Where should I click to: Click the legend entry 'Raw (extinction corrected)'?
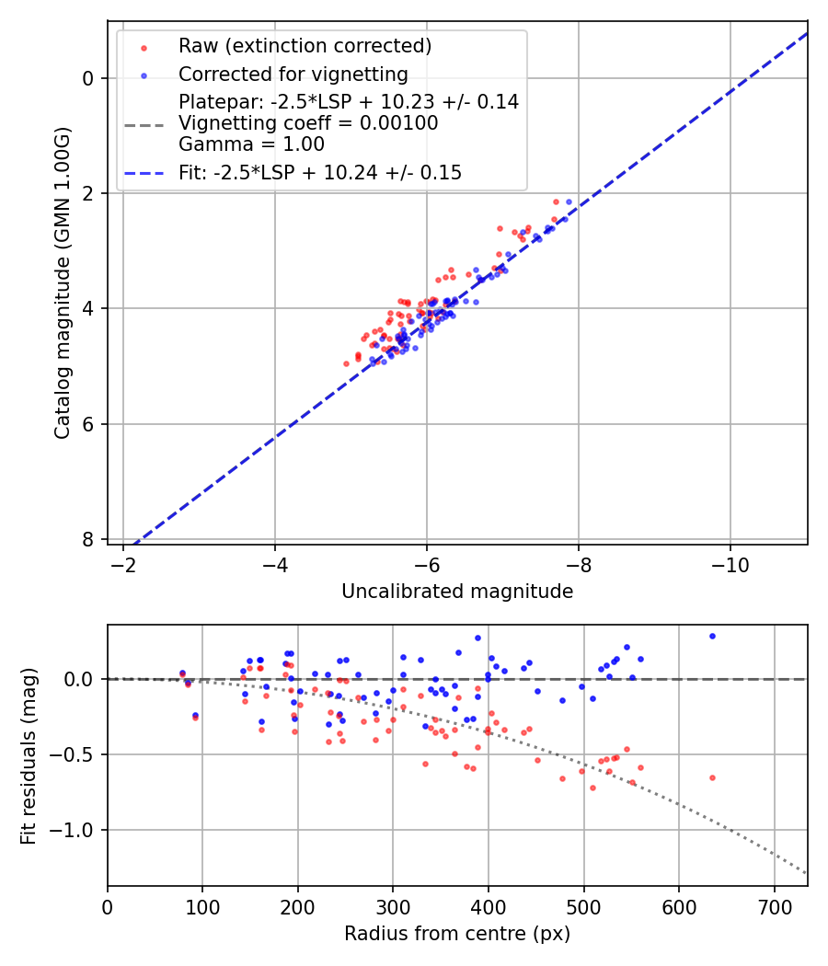point(305,46)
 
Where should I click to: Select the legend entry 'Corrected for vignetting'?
point(293,74)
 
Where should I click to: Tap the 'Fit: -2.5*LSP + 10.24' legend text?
point(320,172)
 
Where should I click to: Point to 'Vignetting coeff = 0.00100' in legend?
point(308,123)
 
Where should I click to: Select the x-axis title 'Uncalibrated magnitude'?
point(457,592)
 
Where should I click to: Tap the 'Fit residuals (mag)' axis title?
point(29,755)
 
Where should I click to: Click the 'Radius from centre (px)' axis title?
point(457,934)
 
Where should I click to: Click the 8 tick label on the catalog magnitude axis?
point(88,539)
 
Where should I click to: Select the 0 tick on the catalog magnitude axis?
point(88,78)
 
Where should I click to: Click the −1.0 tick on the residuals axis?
point(77,830)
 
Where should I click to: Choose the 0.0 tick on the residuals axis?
point(83,679)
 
